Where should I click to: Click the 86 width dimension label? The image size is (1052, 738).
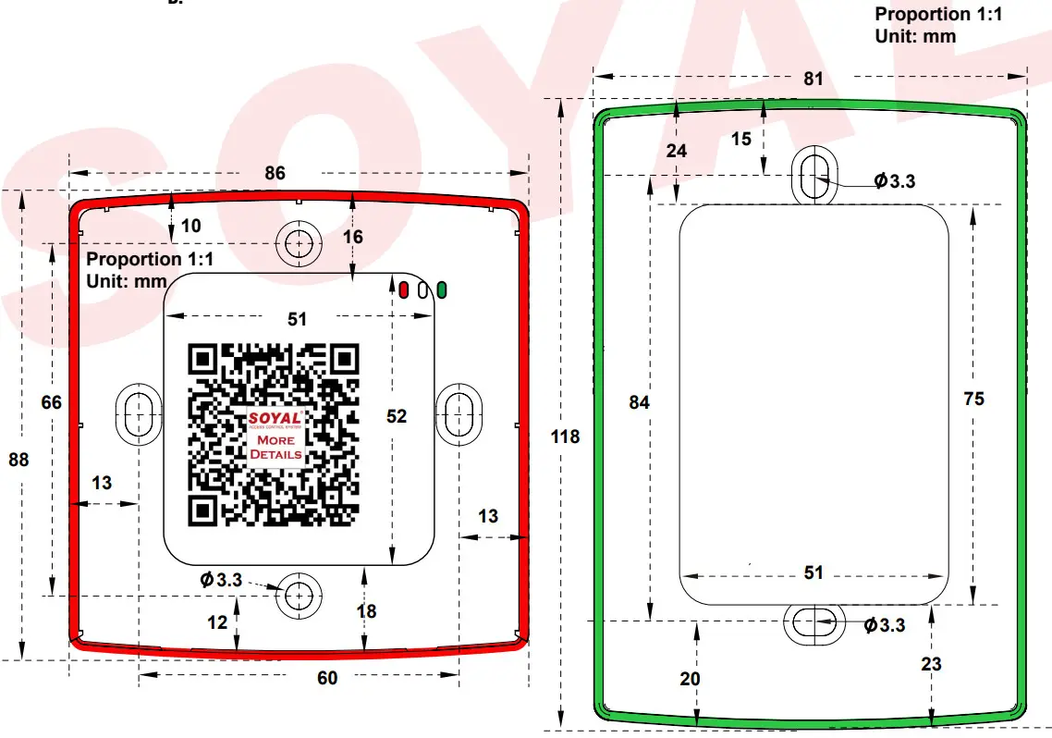coord(275,173)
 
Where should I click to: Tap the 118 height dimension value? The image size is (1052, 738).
coord(566,436)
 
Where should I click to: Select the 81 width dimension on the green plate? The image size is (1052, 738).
coord(813,79)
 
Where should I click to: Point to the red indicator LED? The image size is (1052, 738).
coord(404,289)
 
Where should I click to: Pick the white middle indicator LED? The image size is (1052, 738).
coord(422,289)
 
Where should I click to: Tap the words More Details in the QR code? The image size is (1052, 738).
coord(275,448)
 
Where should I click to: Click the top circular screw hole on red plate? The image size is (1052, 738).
coord(298,243)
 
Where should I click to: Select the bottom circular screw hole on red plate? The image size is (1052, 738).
coord(298,595)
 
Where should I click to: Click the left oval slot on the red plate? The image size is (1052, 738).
coord(137,412)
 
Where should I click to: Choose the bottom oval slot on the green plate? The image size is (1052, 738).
coord(813,624)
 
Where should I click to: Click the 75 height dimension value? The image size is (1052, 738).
coord(973,399)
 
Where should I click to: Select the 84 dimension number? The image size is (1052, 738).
coord(639,402)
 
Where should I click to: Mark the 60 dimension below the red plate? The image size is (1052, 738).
coord(327,678)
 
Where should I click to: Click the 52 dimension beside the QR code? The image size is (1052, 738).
coord(397,417)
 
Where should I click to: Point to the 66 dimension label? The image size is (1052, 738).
coord(52,402)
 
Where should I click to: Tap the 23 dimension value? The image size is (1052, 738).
coord(931,663)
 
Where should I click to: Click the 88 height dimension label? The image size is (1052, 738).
coord(18,460)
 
